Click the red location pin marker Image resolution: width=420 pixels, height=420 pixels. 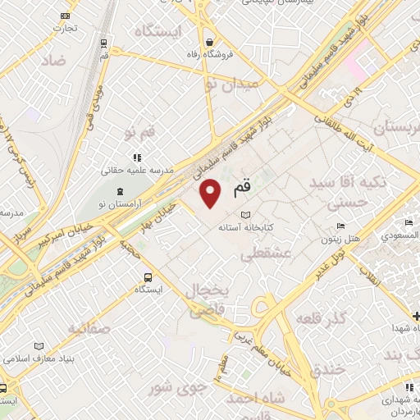pyautogui.click(x=211, y=194)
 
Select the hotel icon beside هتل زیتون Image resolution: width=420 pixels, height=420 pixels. pyautogui.click(x=341, y=226)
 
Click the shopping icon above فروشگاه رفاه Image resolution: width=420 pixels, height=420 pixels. pyautogui.click(x=210, y=41)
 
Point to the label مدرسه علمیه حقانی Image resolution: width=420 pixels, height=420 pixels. pyautogui.click(x=136, y=171)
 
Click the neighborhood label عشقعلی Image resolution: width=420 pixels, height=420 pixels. pyautogui.click(x=266, y=255)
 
